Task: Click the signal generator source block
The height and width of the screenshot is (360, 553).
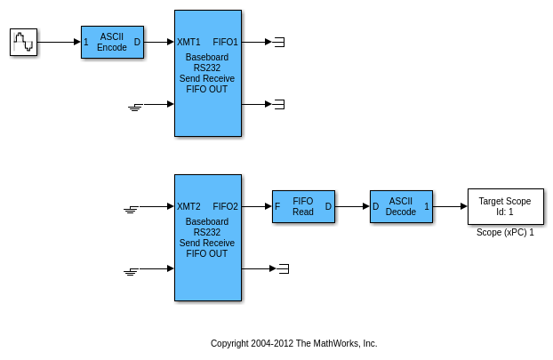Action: pos(23,42)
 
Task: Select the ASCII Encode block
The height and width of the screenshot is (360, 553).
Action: pos(112,42)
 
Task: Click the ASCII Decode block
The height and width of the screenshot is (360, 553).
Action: pos(401,206)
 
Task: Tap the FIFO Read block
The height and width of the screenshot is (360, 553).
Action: pos(303,206)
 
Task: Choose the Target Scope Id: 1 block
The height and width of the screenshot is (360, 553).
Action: pos(505,206)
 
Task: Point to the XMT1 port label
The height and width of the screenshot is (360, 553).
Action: pos(188,42)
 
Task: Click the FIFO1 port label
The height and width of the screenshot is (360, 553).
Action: pos(226,42)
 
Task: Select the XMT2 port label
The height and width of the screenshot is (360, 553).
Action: pos(188,206)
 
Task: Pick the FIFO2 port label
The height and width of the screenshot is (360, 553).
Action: pos(226,206)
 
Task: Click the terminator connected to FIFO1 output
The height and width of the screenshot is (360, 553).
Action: pos(279,42)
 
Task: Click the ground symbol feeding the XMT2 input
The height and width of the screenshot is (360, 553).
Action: pos(131,209)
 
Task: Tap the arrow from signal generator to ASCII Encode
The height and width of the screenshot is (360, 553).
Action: pos(59,42)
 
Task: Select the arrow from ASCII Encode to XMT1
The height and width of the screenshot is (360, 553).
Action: pos(158,42)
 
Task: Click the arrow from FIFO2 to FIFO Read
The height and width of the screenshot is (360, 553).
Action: pos(256,206)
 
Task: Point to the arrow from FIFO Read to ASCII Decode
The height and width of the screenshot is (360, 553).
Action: pos(352,206)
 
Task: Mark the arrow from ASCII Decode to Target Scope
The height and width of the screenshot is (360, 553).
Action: pos(450,206)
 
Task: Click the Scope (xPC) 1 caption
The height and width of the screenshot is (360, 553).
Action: pos(505,233)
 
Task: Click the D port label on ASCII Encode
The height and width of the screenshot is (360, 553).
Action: pos(137,42)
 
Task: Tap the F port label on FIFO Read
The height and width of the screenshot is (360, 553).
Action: pos(277,206)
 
